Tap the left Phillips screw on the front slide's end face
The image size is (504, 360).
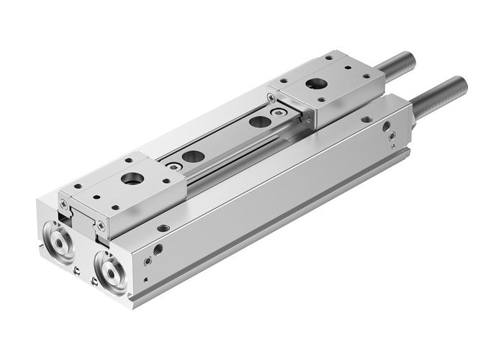coord(66,204)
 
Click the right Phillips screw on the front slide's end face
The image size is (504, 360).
coord(100,226)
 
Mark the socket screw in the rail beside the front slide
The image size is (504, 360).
coord(173,165)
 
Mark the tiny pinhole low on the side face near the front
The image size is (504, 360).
coord(145,279)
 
